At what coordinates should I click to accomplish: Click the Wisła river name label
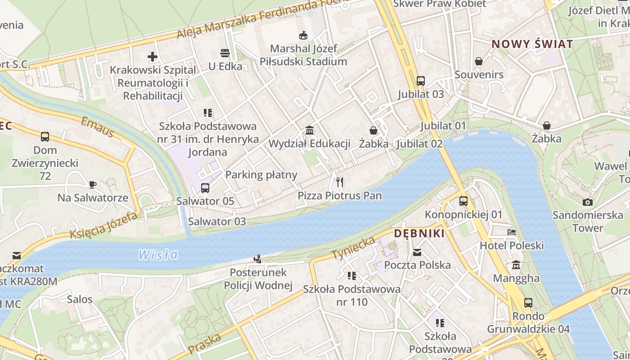pos(158,255)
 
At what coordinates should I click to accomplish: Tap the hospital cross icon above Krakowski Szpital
pos(153,57)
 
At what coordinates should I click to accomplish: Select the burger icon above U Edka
pos(225,53)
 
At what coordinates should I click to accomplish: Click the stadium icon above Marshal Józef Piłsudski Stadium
pos(304,35)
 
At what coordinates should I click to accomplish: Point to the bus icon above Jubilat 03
pos(421,81)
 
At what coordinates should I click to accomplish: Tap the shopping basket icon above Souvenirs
pos(479,61)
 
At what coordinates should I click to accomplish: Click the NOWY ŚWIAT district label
pos(532,44)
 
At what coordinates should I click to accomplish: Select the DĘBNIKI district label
pos(419,233)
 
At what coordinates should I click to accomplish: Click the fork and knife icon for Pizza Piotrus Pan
pos(340,182)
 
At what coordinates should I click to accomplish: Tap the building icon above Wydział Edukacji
pos(310,130)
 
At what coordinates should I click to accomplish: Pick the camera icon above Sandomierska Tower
pos(587,202)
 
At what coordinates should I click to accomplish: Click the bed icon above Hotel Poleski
pos(512,232)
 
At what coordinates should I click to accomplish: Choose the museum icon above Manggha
pos(516,265)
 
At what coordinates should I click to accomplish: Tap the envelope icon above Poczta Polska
pos(417,252)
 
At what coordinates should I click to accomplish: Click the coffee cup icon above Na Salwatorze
pos(93,184)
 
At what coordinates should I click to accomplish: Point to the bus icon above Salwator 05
pos(205,188)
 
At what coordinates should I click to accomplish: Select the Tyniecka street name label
pos(354,248)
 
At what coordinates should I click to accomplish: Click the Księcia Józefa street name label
pos(103,226)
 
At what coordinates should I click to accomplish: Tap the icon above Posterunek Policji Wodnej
pos(258,259)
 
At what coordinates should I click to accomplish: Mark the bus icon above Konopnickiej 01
pos(463,201)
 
